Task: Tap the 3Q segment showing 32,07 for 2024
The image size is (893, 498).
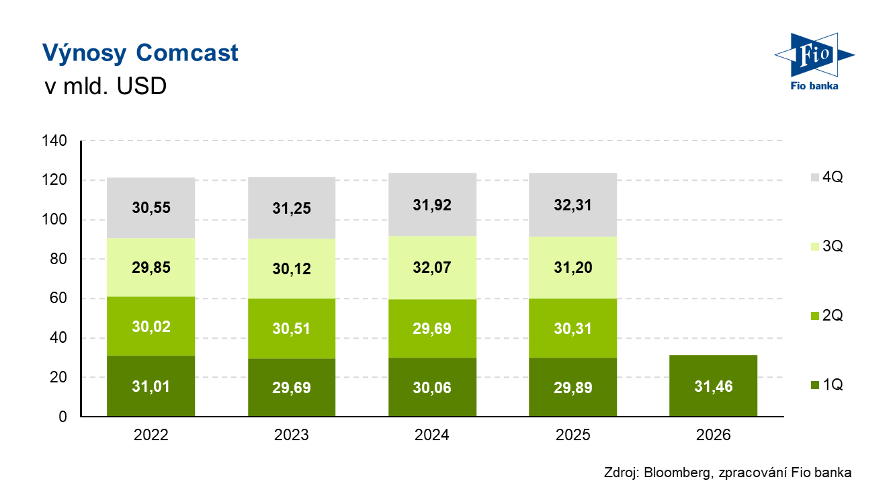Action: (432, 267)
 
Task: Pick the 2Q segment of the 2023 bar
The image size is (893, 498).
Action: (292, 329)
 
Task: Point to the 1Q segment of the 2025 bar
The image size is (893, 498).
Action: (573, 387)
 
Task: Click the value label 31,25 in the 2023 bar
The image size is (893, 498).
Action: (292, 208)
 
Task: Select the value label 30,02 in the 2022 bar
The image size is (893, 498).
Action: (151, 327)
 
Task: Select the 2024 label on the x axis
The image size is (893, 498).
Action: (432, 435)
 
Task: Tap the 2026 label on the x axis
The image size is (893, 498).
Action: (714, 435)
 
